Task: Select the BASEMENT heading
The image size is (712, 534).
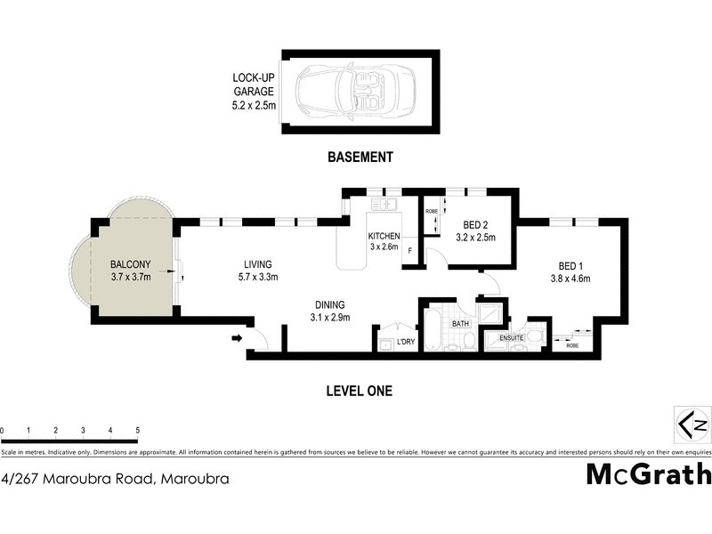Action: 360,158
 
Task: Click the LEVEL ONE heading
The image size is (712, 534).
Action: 360,390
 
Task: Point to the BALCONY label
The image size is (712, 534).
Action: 131,264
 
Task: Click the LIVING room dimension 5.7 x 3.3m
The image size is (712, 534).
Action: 258,277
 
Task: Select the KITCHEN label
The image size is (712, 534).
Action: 384,236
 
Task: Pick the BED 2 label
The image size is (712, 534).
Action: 474,224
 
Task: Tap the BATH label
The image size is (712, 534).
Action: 459,325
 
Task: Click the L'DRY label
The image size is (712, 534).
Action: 406,343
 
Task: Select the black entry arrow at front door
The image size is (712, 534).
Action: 237,338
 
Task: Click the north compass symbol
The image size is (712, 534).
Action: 692,421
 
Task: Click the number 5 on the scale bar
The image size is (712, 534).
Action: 137,431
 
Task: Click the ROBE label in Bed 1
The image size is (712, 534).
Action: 571,346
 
